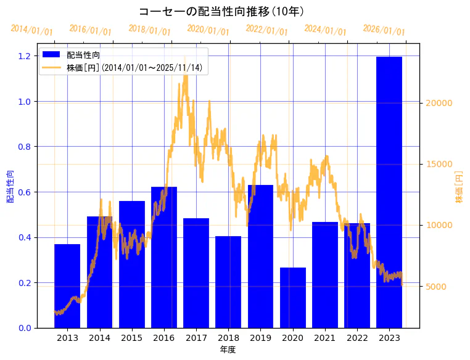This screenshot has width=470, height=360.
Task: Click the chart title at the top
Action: (223, 11)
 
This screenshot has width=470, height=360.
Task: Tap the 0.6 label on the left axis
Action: (25, 192)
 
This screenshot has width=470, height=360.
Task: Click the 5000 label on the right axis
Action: (434, 287)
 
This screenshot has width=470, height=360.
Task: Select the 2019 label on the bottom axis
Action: (260, 338)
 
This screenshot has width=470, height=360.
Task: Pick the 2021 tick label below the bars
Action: (325, 338)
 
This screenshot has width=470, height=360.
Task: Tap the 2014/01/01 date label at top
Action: (32, 30)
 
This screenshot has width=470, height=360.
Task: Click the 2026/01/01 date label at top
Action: (384, 30)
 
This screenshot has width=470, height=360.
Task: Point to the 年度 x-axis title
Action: (228, 350)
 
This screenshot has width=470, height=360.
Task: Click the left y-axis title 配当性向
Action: (10, 186)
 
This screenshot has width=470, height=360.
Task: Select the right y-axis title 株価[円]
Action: (460, 186)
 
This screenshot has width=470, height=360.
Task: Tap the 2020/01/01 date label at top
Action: (208, 30)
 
